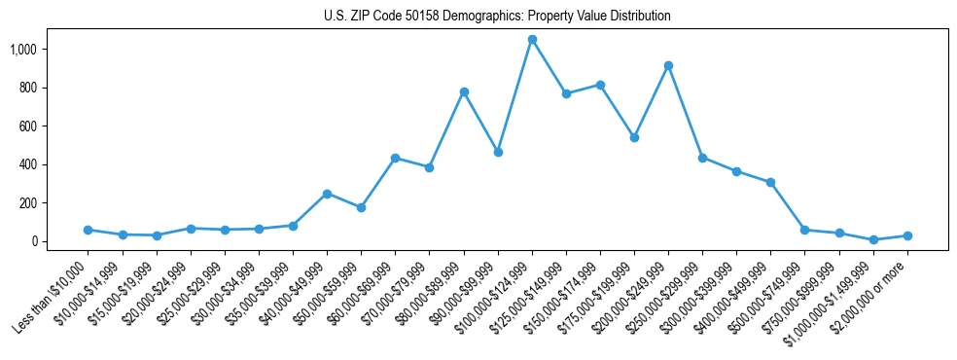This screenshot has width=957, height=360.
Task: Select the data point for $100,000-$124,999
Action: (532, 40)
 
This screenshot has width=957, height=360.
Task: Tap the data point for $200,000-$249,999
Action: (668, 65)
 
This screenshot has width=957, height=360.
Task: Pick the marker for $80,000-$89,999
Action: (464, 91)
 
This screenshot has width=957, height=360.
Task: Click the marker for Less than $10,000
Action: (89, 230)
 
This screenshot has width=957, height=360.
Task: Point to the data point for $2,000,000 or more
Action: (907, 235)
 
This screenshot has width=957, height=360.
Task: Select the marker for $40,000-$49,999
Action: (327, 194)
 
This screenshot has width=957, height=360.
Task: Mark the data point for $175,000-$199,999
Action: (634, 137)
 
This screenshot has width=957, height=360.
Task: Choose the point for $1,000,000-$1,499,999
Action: (873, 239)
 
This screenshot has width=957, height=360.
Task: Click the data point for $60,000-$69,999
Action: (395, 158)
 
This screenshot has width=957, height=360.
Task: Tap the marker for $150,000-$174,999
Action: (600, 85)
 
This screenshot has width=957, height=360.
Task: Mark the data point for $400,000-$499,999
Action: (770, 182)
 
